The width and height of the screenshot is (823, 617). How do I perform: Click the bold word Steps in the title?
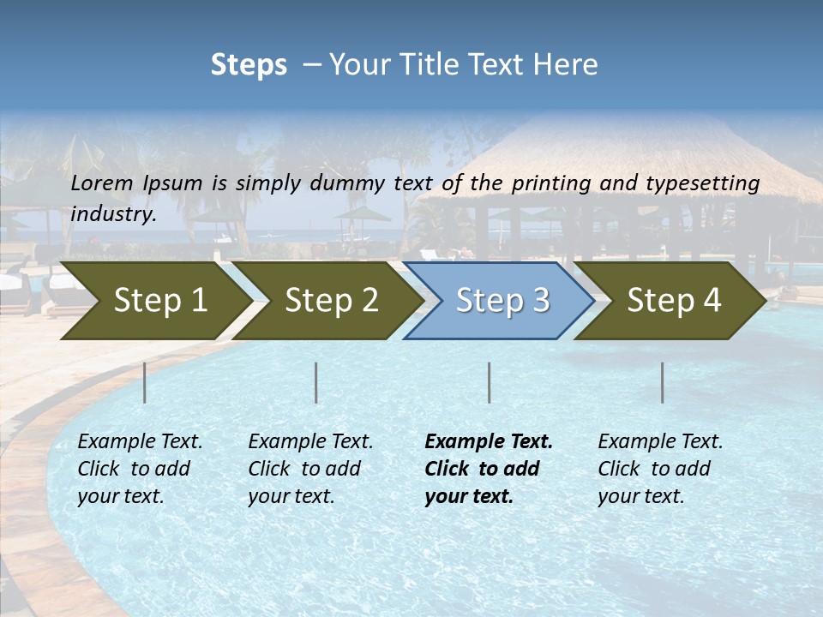pyautogui.click(x=249, y=65)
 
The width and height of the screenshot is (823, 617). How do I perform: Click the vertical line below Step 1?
pyautogui.click(x=145, y=382)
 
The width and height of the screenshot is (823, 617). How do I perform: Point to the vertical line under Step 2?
pyautogui.click(x=316, y=382)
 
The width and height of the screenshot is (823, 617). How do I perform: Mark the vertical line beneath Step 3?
pyautogui.click(x=490, y=382)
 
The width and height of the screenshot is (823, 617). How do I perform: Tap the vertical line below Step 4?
pyautogui.click(x=663, y=382)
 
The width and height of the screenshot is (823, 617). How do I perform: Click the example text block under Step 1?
pyautogui.click(x=140, y=469)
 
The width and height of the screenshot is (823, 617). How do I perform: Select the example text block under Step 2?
pyautogui.click(x=310, y=469)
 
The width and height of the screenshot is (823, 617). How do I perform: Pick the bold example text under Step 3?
pyautogui.click(x=489, y=469)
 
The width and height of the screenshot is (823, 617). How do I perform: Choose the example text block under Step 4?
pyautogui.click(x=660, y=469)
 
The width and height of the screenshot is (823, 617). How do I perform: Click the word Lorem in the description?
pyautogui.click(x=102, y=183)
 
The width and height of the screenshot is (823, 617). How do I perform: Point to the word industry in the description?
pyautogui.click(x=113, y=214)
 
